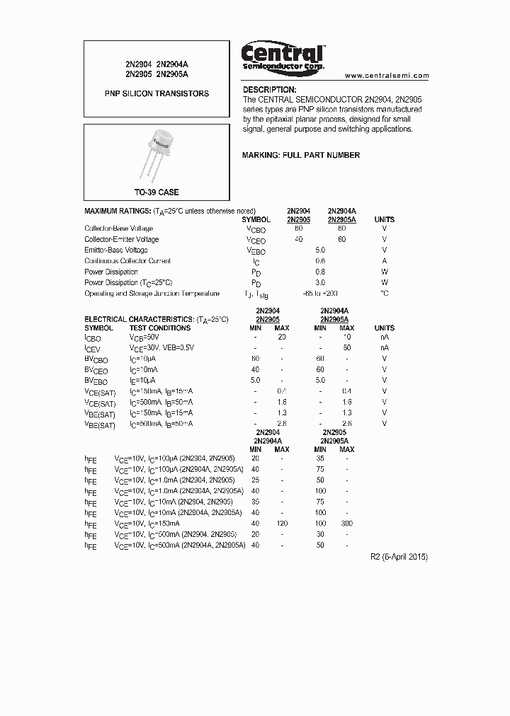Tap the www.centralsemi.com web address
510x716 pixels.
tap(387, 75)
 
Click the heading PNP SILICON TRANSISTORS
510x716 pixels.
tap(157, 93)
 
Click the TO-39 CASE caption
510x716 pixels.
tap(157, 192)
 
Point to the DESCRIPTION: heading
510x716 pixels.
tap(269, 90)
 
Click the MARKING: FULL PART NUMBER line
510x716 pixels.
tap(301, 155)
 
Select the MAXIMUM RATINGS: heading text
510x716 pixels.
tap(117, 211)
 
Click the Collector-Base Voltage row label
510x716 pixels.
tap(118, 229)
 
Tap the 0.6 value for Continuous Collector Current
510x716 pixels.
tap(319, 261)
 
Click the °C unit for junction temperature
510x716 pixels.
tap(384, 293)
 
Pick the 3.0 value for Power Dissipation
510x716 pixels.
tap(319, 282)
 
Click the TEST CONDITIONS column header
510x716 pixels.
tap(159, 328)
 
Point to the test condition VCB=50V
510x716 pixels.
tap(145, 337)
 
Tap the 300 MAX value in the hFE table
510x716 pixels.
tap(346, 524)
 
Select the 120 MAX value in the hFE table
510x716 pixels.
tap(281, 524)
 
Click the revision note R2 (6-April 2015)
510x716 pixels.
tap(399, 557)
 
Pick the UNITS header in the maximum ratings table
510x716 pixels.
tap(384, 219)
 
